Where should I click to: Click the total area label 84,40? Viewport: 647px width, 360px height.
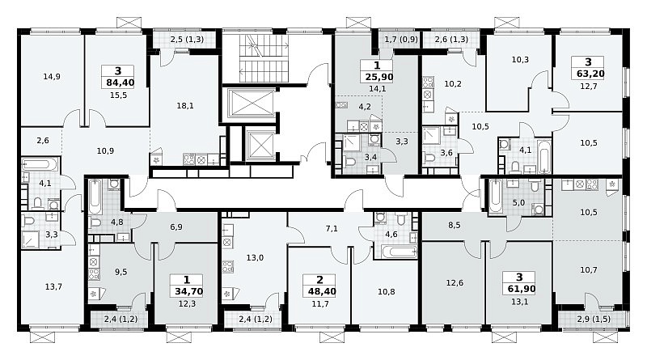121,83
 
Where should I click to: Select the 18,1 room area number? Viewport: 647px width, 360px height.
185,106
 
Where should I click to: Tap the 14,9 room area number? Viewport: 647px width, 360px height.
52,76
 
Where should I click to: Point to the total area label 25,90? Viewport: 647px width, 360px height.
379,77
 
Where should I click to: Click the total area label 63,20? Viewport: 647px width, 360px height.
588,74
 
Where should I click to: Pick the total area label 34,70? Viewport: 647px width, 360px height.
189,291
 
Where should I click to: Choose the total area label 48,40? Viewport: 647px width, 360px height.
322,291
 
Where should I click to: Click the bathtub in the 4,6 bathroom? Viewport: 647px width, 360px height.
399,252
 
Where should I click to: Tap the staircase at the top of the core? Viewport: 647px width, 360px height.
260,58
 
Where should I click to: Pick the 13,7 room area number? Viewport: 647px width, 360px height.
53,286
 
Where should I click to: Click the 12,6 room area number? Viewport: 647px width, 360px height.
455,283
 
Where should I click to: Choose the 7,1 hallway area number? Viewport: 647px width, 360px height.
332,228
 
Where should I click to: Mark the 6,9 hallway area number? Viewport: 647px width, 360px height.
176,227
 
